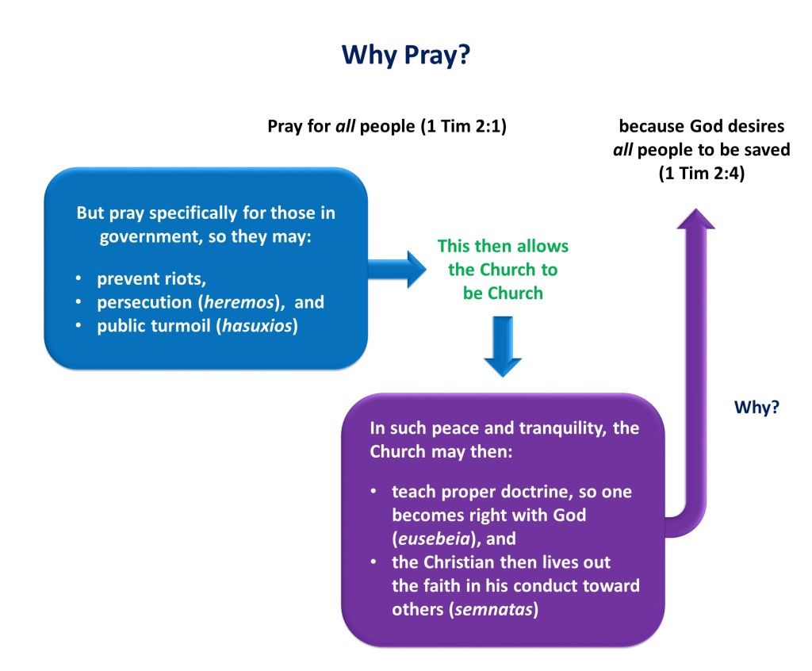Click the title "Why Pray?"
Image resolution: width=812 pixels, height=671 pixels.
[406, 55]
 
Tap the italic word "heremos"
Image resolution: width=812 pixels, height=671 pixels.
[239, 302]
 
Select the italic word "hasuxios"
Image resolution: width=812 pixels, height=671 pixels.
[258, 326]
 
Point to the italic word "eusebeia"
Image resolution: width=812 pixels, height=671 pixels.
[434, 539]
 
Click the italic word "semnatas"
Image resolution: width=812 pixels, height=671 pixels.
[493, 609]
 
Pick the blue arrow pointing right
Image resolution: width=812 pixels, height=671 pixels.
[397, 269]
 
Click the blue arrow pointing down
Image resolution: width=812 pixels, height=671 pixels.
[502, 346]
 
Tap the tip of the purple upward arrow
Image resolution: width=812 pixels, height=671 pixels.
[696, 209]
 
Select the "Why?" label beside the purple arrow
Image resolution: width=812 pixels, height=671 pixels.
[756, 407]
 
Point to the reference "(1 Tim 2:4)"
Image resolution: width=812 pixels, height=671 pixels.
[702, 173]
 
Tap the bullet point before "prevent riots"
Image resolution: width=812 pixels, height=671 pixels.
[79, 278]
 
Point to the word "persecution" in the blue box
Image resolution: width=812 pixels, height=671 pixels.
[144, 302]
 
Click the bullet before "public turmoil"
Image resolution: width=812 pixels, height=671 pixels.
[79, 326]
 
